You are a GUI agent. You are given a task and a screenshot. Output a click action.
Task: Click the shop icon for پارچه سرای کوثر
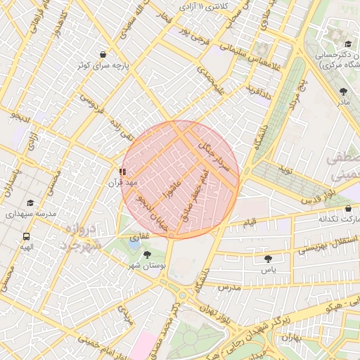[x=103, y=54]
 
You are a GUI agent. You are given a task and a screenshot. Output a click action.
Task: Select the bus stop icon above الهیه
[x=26, y=236]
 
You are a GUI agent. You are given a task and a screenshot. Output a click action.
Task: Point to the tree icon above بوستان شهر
[x=147, y=255]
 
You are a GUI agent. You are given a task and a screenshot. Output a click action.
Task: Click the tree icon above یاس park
[x=268, y=259]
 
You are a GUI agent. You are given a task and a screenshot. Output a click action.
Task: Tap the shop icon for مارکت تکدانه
[x=349, y=209]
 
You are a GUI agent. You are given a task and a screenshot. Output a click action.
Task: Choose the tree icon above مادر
[x=343, y=91]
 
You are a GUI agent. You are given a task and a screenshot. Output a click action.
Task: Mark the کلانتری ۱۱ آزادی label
[x=203, y=6]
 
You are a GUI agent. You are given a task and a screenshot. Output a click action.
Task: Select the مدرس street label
[x=229, y=288]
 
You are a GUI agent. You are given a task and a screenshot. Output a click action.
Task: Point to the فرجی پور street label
[x=193, y=32]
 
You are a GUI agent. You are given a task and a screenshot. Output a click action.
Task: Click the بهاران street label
[x=290, y=338]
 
